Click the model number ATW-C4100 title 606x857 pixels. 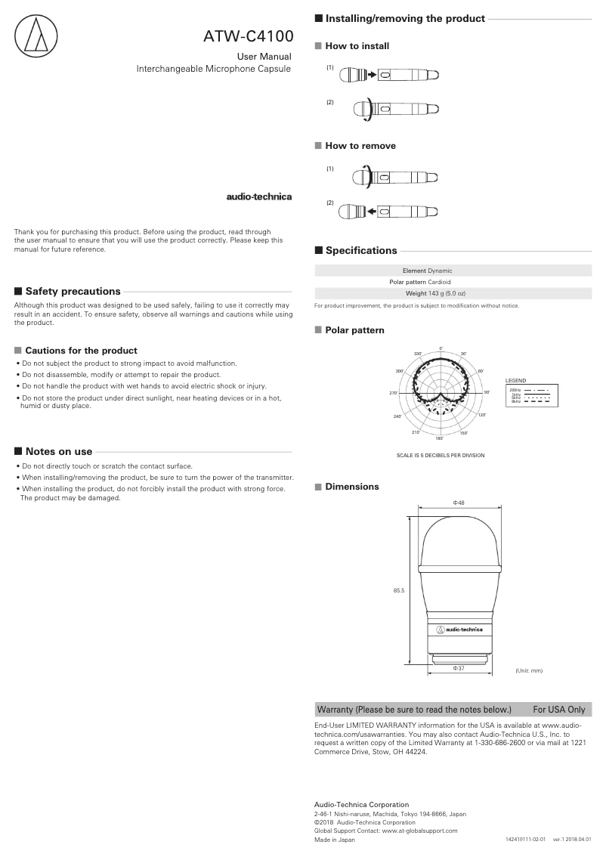(248, 35)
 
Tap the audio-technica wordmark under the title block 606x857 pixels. (259, 197)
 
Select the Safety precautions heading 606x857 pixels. (73, 291)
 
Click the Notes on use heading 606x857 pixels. (59, 451)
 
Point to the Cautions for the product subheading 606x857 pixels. (81, 351)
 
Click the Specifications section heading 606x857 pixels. (360, 250)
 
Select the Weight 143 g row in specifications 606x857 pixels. (435, 292)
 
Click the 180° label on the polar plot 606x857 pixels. (439, 438)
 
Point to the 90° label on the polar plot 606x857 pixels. (487, 392)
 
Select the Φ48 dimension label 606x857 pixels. (458, 502)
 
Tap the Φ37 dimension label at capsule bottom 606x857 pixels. (458, 668)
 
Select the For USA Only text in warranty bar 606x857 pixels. (558, 710)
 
